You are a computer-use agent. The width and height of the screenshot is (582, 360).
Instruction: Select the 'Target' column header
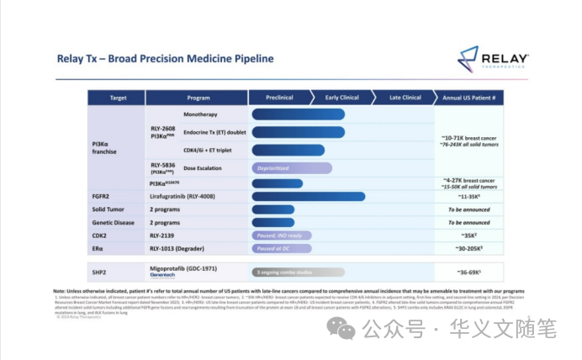(119, 98)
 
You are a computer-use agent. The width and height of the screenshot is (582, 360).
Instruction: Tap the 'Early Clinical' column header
(343, 98)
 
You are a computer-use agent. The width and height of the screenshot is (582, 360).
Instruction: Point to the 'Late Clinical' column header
(405, 98)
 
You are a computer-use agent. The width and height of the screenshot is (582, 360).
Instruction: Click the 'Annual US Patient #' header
(468, 98)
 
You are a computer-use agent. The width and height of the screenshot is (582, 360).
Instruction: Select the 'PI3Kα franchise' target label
(105, 149)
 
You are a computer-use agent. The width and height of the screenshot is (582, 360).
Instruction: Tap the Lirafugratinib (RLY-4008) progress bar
(308, 196)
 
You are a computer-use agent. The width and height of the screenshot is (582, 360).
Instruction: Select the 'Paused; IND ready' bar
(281, 236)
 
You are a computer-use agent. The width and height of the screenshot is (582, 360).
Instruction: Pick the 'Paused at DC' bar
(281, 249)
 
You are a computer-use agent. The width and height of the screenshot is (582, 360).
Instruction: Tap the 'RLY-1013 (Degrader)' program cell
(180, 249)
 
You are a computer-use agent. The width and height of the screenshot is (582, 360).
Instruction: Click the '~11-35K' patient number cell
(468, 196)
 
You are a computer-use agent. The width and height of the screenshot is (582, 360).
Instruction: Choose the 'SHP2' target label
(100, 271)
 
